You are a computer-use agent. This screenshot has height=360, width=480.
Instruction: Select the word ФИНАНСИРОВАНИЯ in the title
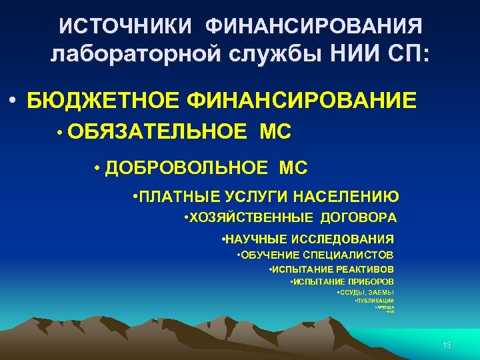coord(314,26)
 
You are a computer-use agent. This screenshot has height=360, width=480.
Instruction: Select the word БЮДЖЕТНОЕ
coord(103,101)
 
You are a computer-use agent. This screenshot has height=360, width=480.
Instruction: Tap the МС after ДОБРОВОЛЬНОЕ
coord(294,168)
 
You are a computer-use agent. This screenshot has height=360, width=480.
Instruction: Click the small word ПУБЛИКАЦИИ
coord(376,301)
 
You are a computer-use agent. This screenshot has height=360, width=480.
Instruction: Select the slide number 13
coord(447,345)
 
